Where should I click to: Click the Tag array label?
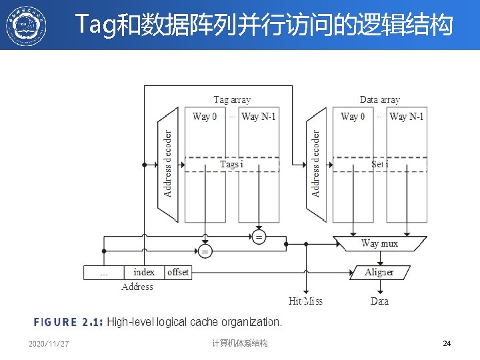pos(232,100)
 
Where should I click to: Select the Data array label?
pos(380,100)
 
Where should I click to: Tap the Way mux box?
pos(379,244)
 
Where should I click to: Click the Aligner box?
pos(379,272)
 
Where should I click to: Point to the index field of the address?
pos(144,272)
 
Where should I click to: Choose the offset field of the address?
pos(178,272)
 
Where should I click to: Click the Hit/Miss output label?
pos(305,301)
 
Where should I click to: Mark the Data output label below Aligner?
pos(379,301)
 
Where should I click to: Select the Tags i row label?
pos(232,164)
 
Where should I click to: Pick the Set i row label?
pos(379,164)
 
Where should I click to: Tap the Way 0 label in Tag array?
pos(205,117)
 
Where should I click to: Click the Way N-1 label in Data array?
pos(407,117)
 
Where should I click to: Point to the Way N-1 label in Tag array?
pos(259,117)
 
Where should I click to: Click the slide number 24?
pos(447,343)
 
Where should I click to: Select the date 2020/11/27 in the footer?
pos(49,344)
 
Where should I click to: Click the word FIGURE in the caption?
pos(55,323)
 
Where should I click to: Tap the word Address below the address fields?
pos(137,287)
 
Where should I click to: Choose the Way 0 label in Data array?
pos(353,117)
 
